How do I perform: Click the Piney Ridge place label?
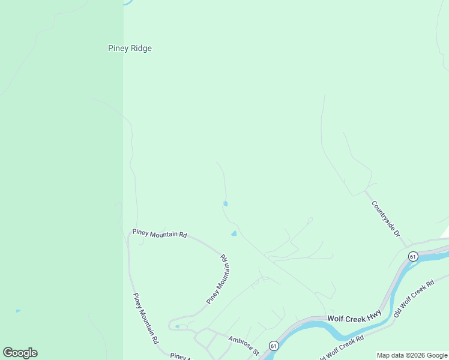130,49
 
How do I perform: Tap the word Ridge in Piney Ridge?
140,49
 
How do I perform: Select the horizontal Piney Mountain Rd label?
160,234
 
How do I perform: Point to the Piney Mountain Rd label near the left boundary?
145,318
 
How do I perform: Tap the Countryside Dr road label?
385,218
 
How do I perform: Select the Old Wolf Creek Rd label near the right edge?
414,299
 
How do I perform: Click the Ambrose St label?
243,345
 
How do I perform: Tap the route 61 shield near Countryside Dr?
412,256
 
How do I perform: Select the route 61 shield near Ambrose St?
274,346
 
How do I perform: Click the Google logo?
20,353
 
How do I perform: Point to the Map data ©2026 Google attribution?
412,355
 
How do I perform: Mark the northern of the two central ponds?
225,204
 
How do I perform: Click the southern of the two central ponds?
234,233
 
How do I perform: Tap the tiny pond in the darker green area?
18,311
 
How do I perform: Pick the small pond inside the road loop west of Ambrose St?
177,326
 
